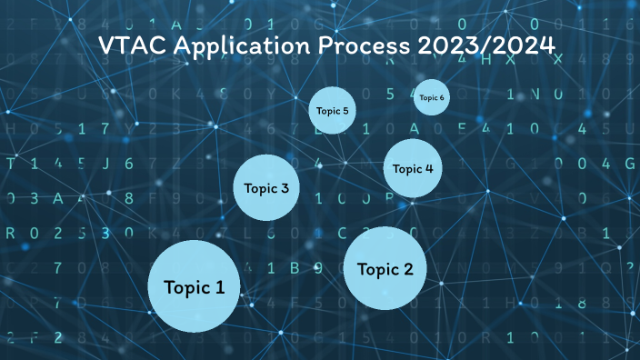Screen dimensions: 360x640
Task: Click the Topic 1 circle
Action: [194, 287]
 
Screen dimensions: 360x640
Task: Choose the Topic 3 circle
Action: [266, 188]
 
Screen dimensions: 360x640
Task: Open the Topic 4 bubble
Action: [413, 168]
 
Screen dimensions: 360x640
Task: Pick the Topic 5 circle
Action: [331, 111]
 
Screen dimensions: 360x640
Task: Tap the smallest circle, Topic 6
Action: [431, 97]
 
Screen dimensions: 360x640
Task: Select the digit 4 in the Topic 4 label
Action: [429, 168]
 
